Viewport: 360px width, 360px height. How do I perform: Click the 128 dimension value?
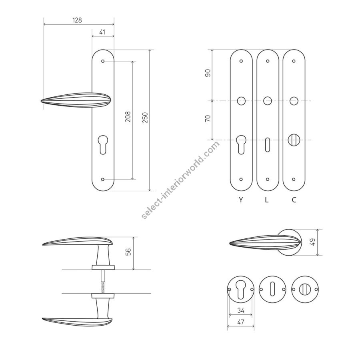pyautogui.click(x=77, y=20)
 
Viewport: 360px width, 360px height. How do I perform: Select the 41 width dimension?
pyautogui.click(x=102, y=32)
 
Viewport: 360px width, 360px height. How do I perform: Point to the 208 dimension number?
pyautogui.click(x=128, y=116)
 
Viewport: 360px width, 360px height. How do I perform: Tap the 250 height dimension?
pyautogui.click(x=145, y=118)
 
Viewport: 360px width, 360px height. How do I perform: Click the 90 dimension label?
pyautogui.click(x=208, y=73)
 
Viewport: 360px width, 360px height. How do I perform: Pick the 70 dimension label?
pyautogui.click(x=208, y=118)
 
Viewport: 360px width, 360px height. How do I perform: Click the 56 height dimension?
pyautogui.click(x=128, y=252)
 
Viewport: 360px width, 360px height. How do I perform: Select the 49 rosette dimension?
pyautogui.click(x=313, y=242)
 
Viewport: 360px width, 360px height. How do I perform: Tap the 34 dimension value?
pyautogui.click(x=241, y=310)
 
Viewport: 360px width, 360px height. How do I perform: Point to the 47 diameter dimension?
pyautogui.click(x=241, y=322)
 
